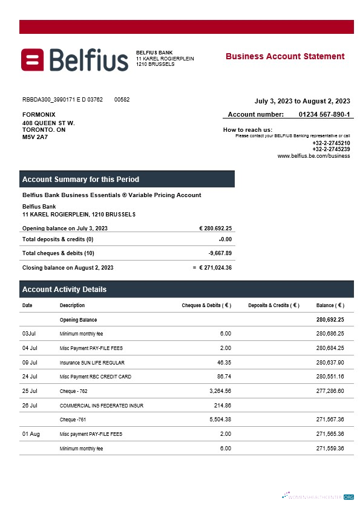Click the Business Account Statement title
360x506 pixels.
pos(285,56)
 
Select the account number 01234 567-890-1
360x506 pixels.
pos(324,114)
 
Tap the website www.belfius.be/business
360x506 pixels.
pos(313,155)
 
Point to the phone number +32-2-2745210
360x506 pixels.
pos(331,143)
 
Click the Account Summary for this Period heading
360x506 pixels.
pos(80,180)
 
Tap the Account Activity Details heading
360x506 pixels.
pos(64,290)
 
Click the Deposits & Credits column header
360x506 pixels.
pos(273,305)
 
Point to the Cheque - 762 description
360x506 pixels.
pos(74,391)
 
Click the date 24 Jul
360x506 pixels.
pos(30,377)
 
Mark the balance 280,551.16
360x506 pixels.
pos(330,377)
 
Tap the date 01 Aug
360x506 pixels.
pos(30,434)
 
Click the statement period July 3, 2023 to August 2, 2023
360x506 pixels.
pos(302,101)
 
